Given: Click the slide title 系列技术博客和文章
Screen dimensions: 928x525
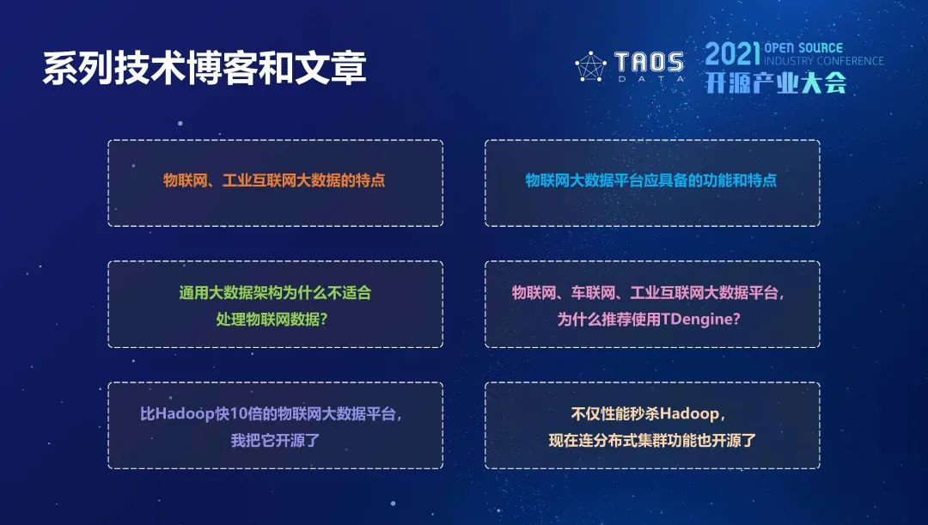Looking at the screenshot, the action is tap(205, 68).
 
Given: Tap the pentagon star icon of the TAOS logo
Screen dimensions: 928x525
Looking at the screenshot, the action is tap(590, 66).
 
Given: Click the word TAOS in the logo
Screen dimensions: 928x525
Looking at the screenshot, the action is tap(649, 62).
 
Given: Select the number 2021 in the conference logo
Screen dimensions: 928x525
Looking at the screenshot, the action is tap(732, 54).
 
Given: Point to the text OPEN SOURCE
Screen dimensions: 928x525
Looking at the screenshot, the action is tap(803, 48).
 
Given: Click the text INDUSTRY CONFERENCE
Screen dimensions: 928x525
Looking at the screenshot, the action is tap(824, 61).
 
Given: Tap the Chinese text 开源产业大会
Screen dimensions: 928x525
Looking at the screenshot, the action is tap(776, 82).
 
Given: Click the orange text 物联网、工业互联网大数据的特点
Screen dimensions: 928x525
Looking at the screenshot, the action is tap(275, 180).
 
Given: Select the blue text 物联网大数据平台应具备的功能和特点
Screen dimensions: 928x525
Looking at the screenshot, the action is tap(651, 180).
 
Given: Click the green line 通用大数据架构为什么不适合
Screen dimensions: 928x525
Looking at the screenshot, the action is tap(275, 292).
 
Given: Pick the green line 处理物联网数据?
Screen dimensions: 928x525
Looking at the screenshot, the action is tap(272, 319).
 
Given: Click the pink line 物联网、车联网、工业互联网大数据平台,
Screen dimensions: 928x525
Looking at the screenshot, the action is tap(649, 292).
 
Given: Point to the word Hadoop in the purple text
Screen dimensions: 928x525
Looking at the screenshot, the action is tap(185, 413).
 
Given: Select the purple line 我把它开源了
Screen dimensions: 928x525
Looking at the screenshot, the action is tap(275, 440).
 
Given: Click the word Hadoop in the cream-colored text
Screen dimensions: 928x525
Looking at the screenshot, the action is tap(689, 413).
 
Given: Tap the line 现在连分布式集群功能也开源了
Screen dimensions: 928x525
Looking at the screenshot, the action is tap(652, 440).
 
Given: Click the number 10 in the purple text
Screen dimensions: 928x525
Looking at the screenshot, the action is tap(238, 413).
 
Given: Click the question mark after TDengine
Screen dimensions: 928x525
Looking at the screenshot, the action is tap(736, 320).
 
